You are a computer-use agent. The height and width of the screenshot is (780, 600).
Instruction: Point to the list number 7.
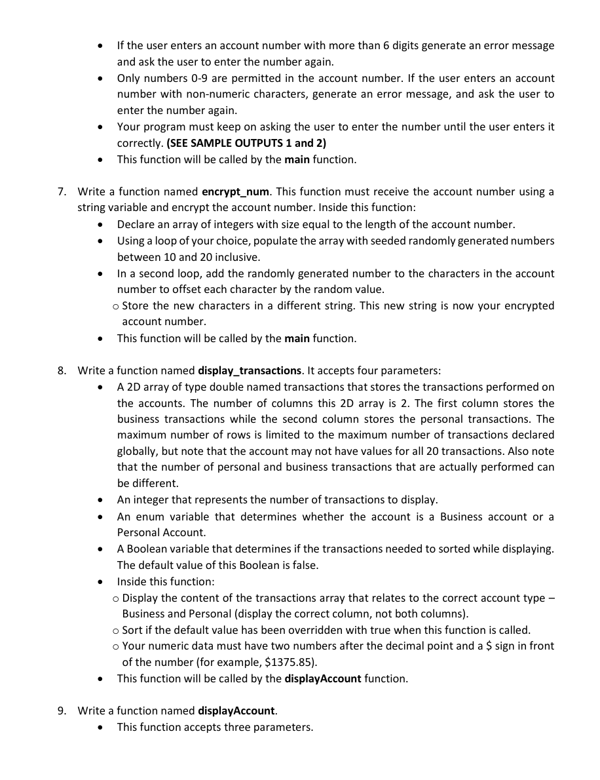click(61, 192)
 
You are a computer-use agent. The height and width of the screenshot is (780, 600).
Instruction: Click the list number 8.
click(61, 370)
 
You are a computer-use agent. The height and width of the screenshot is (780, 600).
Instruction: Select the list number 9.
click(61, 711)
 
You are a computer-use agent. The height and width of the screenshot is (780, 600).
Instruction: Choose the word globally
click(138, 452)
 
